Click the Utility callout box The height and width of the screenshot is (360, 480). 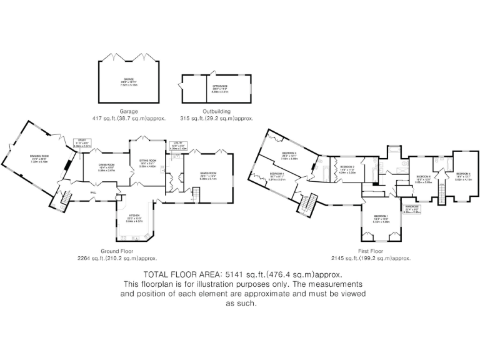(178, 146)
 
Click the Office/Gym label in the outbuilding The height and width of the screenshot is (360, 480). (219, 89)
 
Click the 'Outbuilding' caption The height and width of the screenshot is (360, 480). (216, 111)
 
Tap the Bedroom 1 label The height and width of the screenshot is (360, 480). (381, 219)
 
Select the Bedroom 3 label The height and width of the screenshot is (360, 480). (347, 169)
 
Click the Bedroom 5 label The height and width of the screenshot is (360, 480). (462, 176)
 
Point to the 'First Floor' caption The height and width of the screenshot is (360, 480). (371, 251)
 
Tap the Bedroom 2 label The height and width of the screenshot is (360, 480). (289, 154)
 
